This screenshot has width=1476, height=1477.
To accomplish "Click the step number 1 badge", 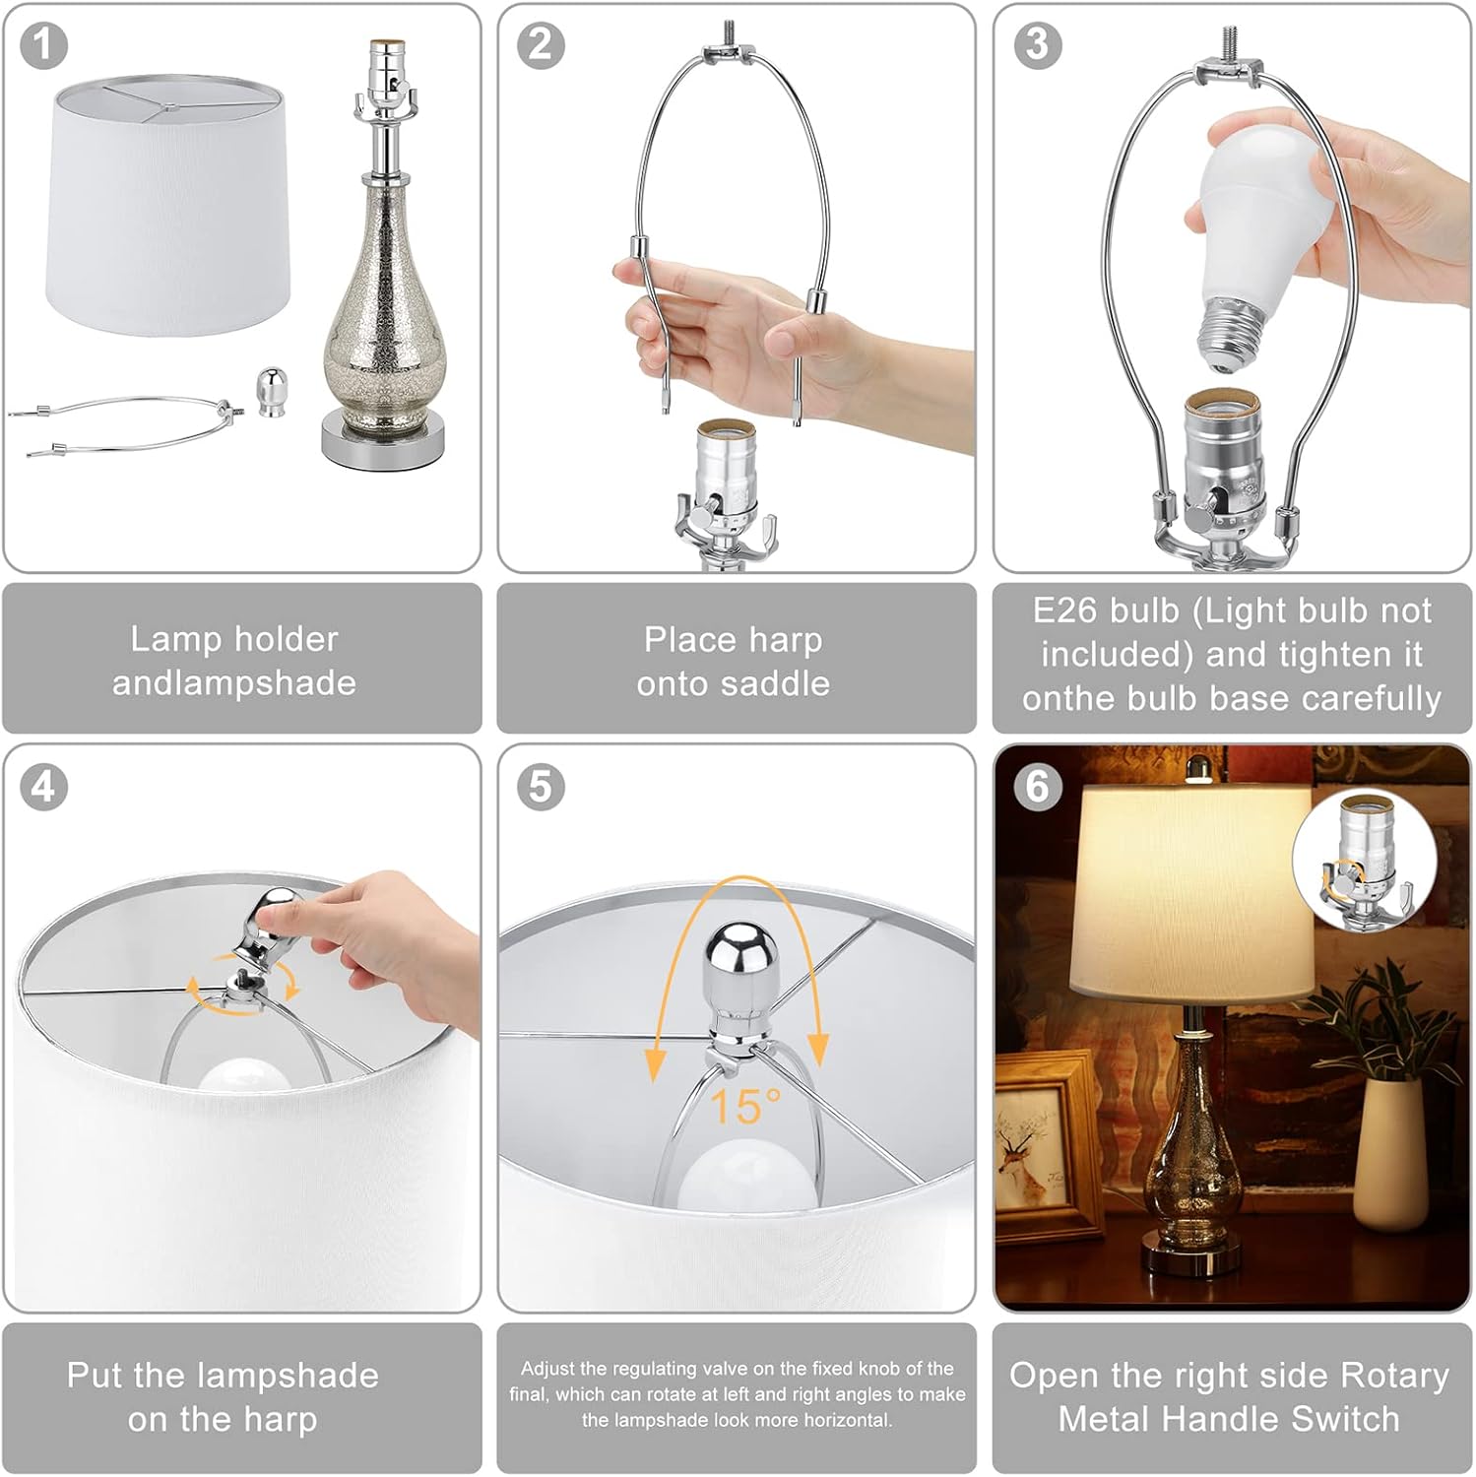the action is tap(43, 45).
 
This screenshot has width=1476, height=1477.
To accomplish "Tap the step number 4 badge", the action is tap(43, 787).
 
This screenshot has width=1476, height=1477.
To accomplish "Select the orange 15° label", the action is tap(744, 1106).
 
